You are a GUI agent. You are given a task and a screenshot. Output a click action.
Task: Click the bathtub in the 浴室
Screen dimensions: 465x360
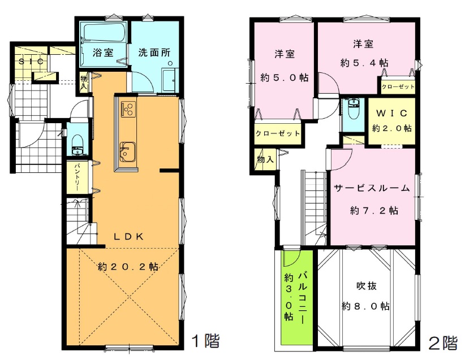click(104, 33)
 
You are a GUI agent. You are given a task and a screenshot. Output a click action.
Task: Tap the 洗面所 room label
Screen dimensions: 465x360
click(154, 53)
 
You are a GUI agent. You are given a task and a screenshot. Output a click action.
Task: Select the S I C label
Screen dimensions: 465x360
click(31, 62)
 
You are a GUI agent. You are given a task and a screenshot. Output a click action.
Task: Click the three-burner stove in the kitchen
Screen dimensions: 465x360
click(128, 109)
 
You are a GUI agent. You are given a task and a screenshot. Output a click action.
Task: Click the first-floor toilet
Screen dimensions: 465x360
click(78, 145)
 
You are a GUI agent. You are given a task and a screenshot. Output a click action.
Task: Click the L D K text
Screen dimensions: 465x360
click(129, 236)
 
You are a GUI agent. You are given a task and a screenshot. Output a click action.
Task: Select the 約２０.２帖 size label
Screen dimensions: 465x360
click(128, 267)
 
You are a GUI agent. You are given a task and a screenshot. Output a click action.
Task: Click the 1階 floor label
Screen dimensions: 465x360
click(206, 341)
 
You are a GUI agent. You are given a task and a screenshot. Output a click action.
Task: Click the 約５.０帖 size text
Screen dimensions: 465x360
click(285, 77)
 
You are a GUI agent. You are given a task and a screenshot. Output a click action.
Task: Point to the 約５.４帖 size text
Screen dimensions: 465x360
click(364, 63)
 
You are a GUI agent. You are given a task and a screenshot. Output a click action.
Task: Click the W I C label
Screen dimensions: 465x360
click(391, 113)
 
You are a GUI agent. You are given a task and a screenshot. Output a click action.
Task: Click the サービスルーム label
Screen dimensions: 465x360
click(372, 188)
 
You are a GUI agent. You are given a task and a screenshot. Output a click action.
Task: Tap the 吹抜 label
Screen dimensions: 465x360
click(367, 286)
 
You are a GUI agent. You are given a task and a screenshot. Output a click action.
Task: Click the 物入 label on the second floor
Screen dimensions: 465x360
click(265, 160)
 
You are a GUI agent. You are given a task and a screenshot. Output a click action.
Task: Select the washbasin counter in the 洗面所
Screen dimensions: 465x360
click(170, 80)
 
